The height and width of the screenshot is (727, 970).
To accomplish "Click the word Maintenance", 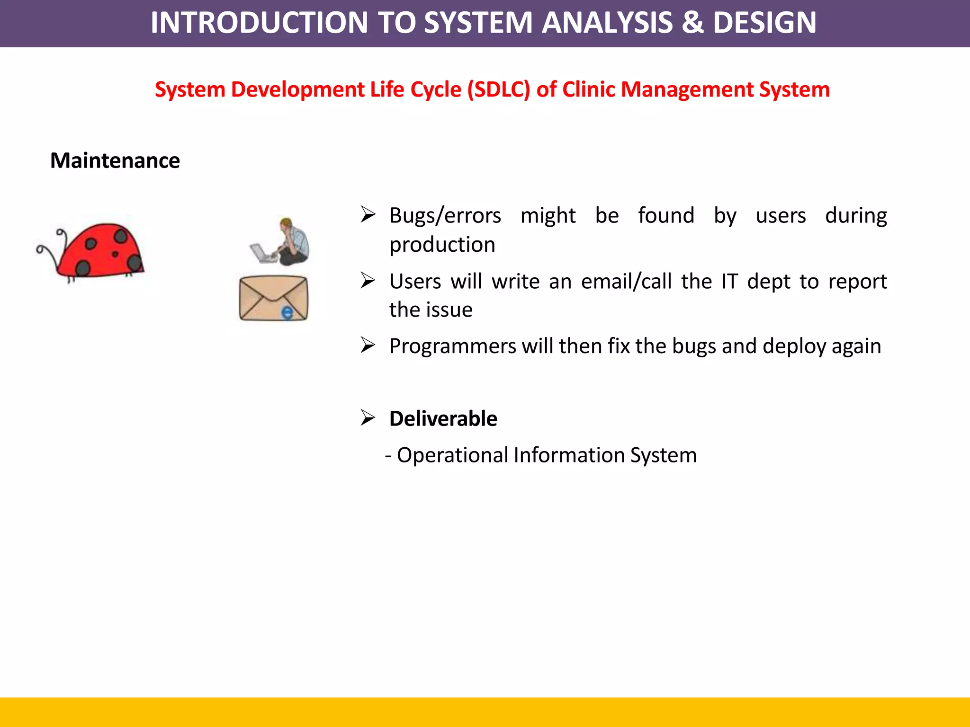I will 115,161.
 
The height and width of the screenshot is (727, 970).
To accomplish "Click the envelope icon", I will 273,298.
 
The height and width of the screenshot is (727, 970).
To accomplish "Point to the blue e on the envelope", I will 287,312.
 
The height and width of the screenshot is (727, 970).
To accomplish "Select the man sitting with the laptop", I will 284,242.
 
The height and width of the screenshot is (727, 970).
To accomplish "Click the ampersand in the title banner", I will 692,23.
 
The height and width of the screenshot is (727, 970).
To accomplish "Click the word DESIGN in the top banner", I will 764,23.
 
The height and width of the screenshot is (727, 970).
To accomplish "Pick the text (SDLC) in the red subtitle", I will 499,90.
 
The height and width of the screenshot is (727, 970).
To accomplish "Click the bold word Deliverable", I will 443,419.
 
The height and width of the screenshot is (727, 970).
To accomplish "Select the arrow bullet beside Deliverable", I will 368,418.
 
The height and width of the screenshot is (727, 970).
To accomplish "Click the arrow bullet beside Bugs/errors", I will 368,214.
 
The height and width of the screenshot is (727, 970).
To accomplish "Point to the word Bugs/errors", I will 445,216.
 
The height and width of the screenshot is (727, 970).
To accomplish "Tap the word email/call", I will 626,282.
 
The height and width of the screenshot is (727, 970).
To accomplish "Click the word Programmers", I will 452,346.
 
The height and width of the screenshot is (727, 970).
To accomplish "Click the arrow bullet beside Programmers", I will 368,345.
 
